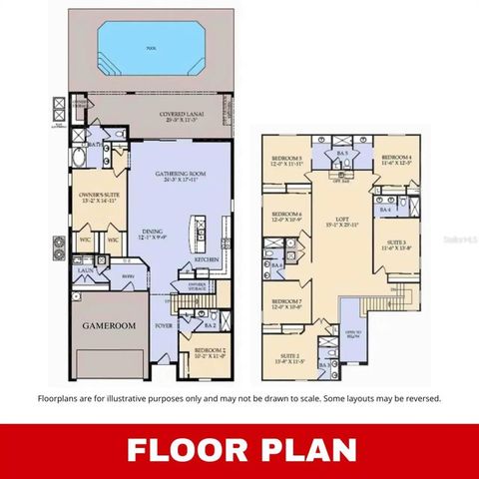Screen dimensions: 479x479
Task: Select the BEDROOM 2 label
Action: pyautogui.click(x=210, y=351)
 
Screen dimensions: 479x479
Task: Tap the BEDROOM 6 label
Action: pyautogui.click(x=288, y=216)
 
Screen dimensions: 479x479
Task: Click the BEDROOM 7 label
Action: pyautogui.click(x=288, y=303)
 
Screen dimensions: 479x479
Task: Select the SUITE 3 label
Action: pyautogui.click(x=397, y=243)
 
